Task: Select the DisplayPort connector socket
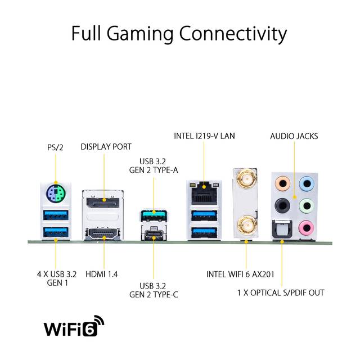pyautogui.click(x=103, y=202)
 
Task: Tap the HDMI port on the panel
pyautogui.click(x=103, y=234)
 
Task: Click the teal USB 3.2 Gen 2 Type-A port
pyautogui.click(x=154, y=215)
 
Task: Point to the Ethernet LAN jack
pyautogui.click(x=204, y=193)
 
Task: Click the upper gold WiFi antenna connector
pyautogui.click(x=245, y=178)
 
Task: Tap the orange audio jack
pyautogui.click(x=282, y=183)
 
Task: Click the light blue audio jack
pyautogui.click(x=307, y=183)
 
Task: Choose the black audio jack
pyautogui.click(x=282, y=205)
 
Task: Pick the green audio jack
pyautogui.click(x=307, y=205)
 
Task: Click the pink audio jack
pyautogui.click(x=307, y=227)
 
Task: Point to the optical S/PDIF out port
pyautogui.click(x=282, y=229)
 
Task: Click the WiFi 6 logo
pyautogui.click(x=74, y=326)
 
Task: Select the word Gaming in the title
pyautogui.click(x=140, y=34)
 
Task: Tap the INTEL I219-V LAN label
pyautogui.click(x=204, y=136)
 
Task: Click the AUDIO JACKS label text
pyautogui.click(x=294, y=136)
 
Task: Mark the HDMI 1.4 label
pyautogui.click(x=101, y=274)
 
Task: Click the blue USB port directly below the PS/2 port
pyautogui.click(x=56, y=215)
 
